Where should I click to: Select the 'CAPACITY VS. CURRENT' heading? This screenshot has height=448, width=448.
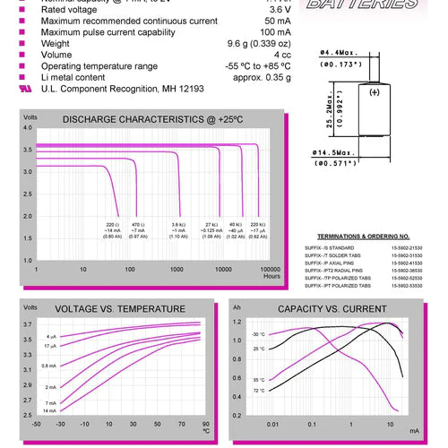pos(332,308)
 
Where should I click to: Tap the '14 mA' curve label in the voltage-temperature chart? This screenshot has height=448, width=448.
pos(50,410)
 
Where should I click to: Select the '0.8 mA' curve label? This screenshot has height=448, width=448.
pos(49,366)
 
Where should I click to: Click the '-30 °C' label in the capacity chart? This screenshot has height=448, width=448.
pos(258,334)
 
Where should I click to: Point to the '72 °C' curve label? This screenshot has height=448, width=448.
pos(258,391)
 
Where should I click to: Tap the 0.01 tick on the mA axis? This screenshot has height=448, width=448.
pos(272,423)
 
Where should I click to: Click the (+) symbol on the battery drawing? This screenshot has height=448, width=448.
pos(375,92)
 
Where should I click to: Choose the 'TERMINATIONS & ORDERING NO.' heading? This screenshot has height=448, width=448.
pos(369,236)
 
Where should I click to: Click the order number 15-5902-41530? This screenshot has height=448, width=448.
pos(408,263)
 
